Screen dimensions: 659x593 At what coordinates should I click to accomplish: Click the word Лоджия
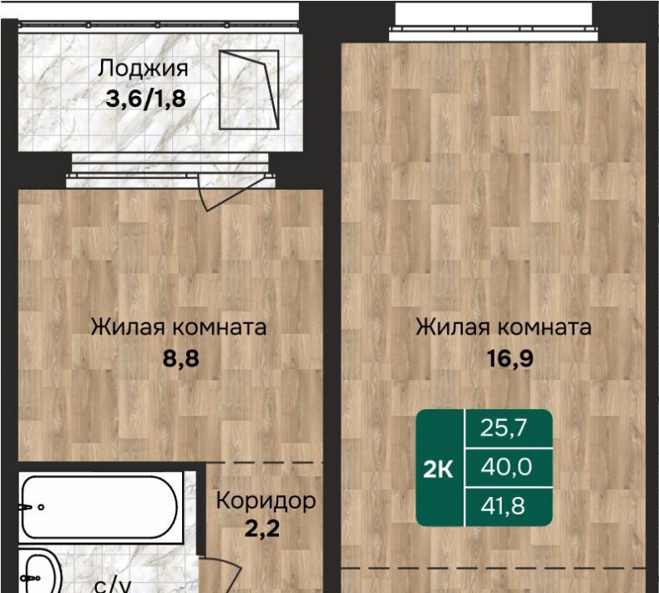tap(143, 68)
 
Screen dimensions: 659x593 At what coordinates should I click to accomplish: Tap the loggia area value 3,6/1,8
tap(145, 99)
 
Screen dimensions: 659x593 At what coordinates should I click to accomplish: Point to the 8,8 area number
tap(180, 359)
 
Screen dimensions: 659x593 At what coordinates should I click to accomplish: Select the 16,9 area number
tap(509, 359)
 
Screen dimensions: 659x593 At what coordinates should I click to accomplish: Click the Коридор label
tap(266, 500)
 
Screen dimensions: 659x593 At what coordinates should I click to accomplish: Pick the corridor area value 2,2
tap(261, 529)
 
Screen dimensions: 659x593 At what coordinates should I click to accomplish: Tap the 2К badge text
tap(438, 469)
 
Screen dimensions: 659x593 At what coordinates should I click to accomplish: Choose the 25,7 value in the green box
tap(504, 428)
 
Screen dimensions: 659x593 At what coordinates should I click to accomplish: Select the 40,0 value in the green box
tap(506, 467)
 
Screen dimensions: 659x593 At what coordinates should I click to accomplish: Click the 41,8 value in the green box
tap(503, 505)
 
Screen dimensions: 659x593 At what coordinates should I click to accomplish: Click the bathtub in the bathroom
tap(100, 507)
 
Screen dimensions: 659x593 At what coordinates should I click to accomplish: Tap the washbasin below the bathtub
tap(40, 571)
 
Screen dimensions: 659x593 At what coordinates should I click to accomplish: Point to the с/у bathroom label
tap(113, 585)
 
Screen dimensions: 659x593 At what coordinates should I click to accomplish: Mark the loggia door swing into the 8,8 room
tap(233, 194)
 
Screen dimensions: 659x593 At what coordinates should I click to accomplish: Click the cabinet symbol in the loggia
tap(249, 89)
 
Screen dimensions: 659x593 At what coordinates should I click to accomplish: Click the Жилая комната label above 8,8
tap(179, 327)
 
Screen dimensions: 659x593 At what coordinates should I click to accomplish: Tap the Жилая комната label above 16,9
tap(504, 327)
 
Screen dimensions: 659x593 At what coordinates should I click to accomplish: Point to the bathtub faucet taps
tap(31, 507)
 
